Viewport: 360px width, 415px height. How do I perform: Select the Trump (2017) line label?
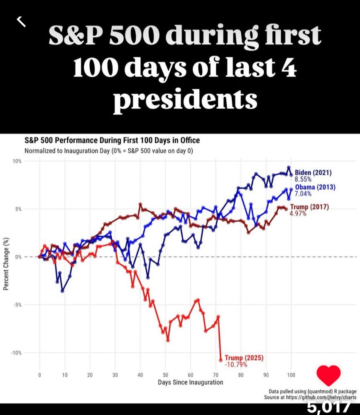[x=309, y=207]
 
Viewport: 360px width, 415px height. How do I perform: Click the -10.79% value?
[x=236, y=365]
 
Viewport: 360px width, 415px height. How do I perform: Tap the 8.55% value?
[x=303, y=179]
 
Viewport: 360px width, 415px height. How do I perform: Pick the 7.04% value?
[x=303, y=193]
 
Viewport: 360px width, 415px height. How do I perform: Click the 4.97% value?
[x=298, y=213]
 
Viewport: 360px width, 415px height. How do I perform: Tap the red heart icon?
[x=328, y=375]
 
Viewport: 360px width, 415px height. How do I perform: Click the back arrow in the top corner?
[x=21, y=21]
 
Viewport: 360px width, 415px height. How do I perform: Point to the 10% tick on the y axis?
[x=17, y=161]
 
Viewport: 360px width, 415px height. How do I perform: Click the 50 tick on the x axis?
[x=165, y=375]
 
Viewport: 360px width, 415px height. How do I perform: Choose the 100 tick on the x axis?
[x=291, y=375]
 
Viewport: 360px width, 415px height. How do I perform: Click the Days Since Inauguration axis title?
[x=190, y=382]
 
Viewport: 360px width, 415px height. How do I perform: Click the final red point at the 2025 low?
[x=221, y=360]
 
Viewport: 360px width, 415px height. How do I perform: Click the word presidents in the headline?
[x=185, y=100]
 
